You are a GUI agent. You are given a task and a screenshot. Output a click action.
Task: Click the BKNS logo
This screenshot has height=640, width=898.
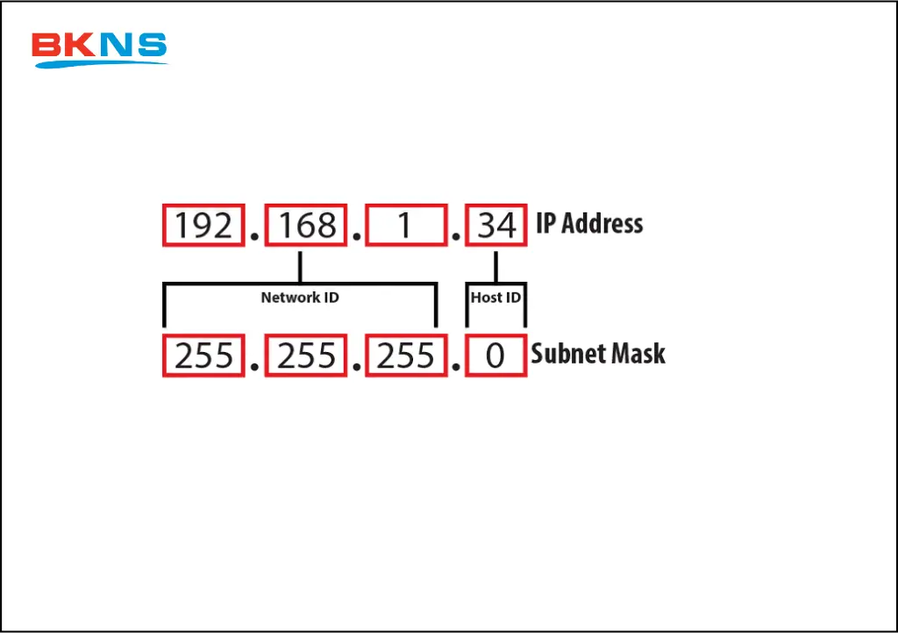pyautogui.click(x=99, y=49)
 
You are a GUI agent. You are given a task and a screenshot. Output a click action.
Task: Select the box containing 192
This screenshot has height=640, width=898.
pyautogui.click(x=203, y=226)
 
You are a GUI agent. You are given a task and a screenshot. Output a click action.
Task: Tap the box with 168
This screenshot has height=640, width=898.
pyautogui.click(x=306, y=226)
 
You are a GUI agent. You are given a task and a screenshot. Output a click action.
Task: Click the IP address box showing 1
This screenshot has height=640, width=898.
pyautogui.click(x=404, y=226)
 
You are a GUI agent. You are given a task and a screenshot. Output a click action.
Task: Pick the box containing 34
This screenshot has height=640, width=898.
pyautogui.click(x=496, y=226)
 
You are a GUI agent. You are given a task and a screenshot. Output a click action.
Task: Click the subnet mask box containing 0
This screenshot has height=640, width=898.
pyautogui.click(x=495, y=356)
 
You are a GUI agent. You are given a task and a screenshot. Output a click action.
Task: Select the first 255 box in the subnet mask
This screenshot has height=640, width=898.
pyautogui.click(x=203, y=356)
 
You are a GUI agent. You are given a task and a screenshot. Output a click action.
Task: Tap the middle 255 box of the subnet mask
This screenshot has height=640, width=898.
pyautogui.click(x=306, y=356)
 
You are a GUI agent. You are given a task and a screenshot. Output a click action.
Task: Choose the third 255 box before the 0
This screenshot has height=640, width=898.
pyautogui.click(x=406, y=356)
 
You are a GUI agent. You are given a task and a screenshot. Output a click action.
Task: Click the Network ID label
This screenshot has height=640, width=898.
pyautogui.click(x=300, y=298)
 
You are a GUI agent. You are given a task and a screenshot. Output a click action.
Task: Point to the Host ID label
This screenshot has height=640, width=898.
pyautogui.click(x=495, y=298)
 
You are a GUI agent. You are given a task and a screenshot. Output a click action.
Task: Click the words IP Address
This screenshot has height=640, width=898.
pyautogui.click(x=589, y=224)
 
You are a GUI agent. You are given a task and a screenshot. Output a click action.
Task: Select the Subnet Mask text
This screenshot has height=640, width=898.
pyautogui.click(x=598, y=355)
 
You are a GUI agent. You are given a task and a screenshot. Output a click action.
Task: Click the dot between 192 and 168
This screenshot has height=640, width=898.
pyautogui.click(x=255, y=237)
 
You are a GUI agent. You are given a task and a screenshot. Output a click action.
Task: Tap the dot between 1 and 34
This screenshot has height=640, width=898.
pyautogui.click(x=455, y=237)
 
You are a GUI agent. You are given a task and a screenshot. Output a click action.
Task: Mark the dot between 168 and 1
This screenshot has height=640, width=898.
pyautogui.click(x=357, y=237)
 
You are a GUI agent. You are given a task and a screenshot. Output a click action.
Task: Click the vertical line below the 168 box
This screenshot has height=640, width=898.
pyautogui.click(x=300, y=266)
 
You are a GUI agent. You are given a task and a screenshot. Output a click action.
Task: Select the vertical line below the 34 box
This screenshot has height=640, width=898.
pyautogui.click(x=496, y=266)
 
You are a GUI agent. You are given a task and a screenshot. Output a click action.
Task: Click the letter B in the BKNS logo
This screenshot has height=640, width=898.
pyautogui.click(x=46, y=47)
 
